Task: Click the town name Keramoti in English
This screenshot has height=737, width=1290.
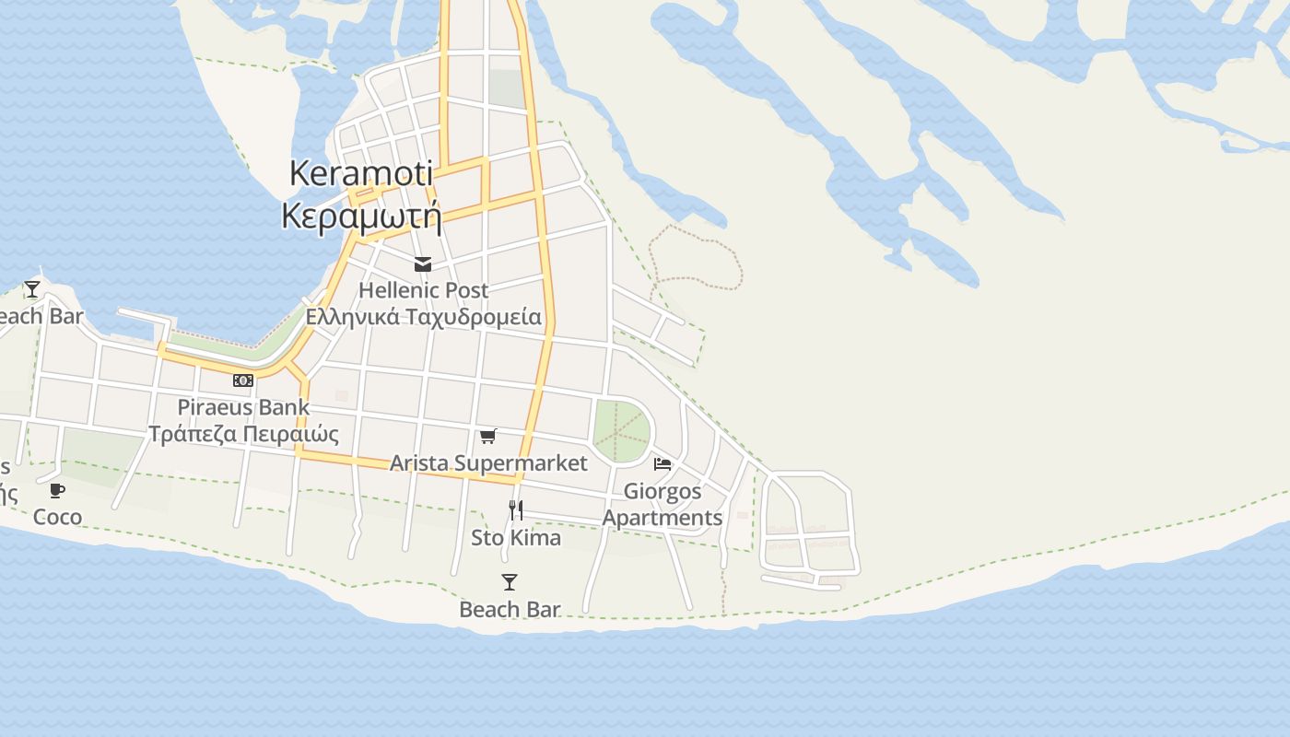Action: point(360,172)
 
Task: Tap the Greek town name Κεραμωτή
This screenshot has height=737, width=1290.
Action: point(360,216)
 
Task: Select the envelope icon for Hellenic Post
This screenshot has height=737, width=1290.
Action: point(423,265)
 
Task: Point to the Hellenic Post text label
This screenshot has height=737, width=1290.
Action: point(423,290)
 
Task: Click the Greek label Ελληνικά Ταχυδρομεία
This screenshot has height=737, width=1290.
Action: point(423,317)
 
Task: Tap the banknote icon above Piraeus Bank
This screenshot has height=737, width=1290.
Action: point(243,380)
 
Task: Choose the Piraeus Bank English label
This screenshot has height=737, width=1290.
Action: point(243,406)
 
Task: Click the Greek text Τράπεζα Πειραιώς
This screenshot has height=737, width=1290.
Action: point(243,434)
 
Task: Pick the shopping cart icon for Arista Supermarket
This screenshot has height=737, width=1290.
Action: point(488,436)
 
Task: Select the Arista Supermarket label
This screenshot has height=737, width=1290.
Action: point(488,462)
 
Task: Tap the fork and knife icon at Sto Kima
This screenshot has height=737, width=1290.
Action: point(516,509)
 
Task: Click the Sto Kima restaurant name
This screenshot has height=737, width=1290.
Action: point(516,537)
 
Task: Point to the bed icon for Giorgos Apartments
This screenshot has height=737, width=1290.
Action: point(663,463)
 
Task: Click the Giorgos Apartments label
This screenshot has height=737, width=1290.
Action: point(663,504)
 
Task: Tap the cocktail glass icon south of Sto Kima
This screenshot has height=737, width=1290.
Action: point(510,582)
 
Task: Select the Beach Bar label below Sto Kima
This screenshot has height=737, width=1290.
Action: point(510,609)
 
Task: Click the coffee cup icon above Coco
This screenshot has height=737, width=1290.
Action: point(57,490)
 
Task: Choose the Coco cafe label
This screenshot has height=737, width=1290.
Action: point(57,517)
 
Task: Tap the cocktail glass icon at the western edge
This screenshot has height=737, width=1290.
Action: point(32,289)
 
